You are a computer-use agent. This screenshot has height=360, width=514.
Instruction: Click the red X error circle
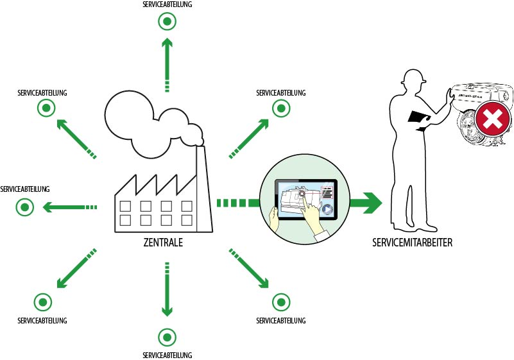pos(492,119)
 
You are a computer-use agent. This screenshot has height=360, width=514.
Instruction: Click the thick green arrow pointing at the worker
pos(365,203)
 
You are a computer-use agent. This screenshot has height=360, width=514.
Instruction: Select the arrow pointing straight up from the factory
pos(167,64)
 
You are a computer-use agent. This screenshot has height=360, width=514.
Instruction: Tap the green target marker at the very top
pos(167,22)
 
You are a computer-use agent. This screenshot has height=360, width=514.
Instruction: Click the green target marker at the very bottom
pos(167,337)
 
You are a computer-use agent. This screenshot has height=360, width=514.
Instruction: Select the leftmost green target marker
pos(25,207)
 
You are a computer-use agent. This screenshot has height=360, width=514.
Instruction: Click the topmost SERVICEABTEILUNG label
pos(167,4)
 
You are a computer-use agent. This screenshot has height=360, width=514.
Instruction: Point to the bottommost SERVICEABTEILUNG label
pos(167,355)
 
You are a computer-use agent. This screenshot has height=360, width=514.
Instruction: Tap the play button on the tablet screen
pos(327,209)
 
